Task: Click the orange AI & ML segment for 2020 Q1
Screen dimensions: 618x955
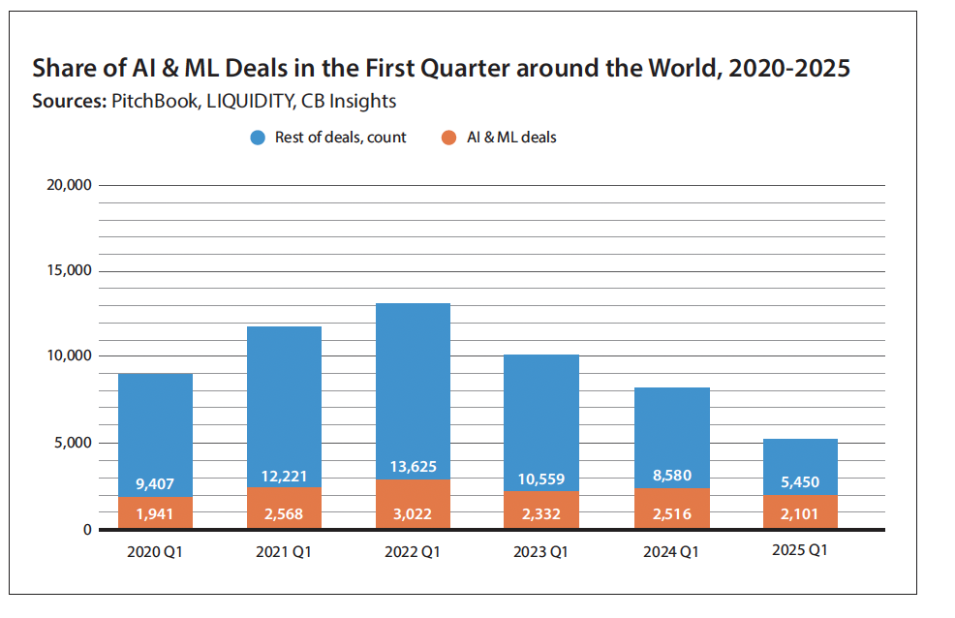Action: (x=155, y=513)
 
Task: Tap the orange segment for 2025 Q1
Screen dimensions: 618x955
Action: (x=799, y=512)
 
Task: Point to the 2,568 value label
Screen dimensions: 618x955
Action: (x=284, y=513)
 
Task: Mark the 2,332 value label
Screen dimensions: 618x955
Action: (x=541, y=513)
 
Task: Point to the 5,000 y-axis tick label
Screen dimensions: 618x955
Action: (x=73, y=443)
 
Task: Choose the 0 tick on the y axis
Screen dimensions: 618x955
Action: (x=86, y=530)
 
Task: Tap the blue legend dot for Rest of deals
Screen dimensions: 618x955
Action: (x=258, y=138)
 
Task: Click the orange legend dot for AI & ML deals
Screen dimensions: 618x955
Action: (x=448, y=138)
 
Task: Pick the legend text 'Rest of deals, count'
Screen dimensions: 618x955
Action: (x=340, y=138)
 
